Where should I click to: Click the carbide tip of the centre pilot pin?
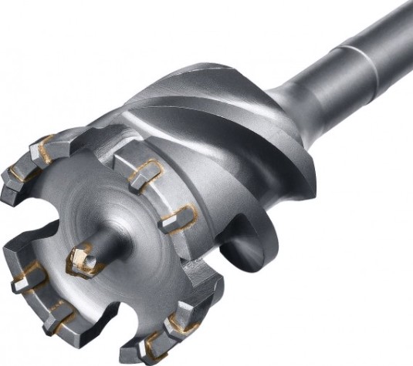pyautogui.click(x=83, y=262)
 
